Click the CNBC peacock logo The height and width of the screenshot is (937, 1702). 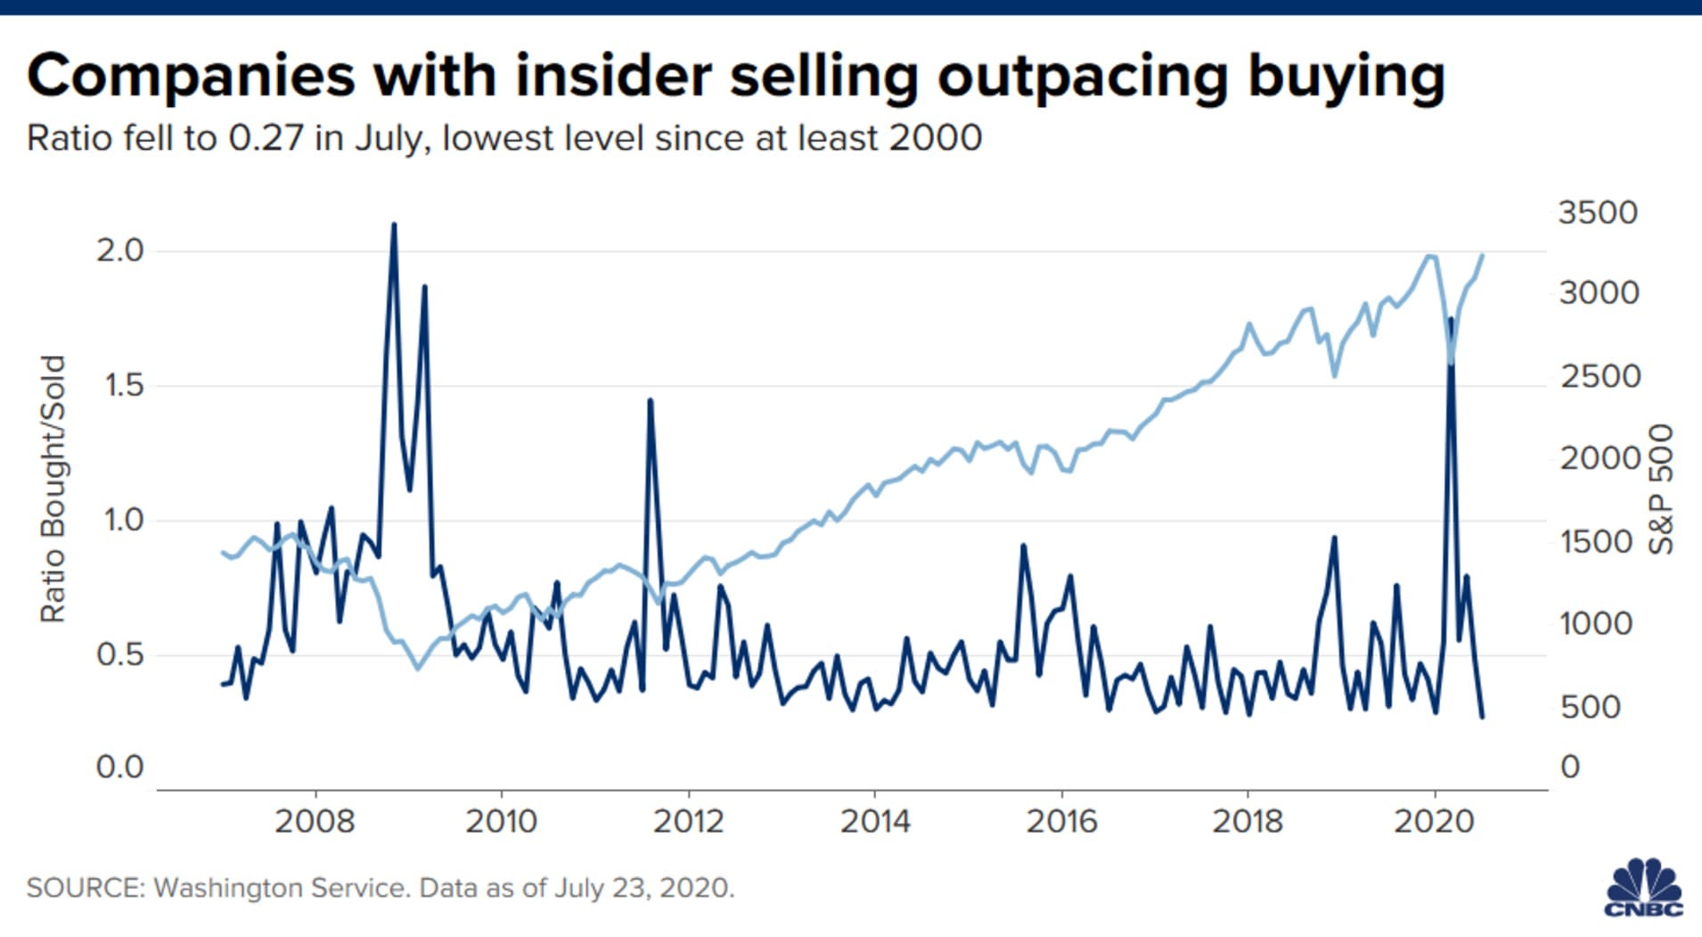point(1644,887)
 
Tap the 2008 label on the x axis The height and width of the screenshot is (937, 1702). point(315,821)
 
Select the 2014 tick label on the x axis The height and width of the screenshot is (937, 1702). point(875,821)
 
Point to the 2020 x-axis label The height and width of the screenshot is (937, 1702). point(1434,821)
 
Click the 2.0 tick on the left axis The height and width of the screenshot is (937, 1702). point(119,251)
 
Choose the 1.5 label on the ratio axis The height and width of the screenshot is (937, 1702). point(123,385)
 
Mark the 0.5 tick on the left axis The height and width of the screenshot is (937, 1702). point(119,654)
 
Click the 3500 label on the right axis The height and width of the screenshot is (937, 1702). point(1598,212)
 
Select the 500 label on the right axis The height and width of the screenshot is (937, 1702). point(1591,707)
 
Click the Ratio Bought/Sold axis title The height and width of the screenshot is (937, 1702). point(53,489)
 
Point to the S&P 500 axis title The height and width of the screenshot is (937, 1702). point(1661,489)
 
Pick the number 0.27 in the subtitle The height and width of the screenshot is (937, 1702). point(266,138)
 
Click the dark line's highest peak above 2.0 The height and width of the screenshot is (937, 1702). point(394,225)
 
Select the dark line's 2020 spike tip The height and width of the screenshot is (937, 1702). point(1451,319)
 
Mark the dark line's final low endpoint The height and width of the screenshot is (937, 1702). point(1482,716)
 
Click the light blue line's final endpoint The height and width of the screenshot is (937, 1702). point(1482,256)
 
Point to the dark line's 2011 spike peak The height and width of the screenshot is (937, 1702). point(651,400)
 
